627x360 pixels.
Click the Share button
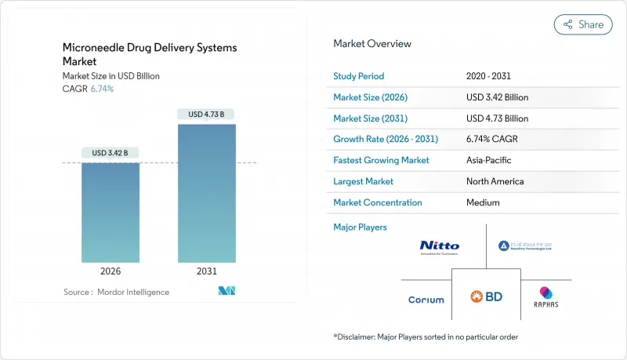583,24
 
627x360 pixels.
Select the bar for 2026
111,212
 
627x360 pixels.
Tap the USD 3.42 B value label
111,152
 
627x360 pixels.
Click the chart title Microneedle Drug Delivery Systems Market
149,54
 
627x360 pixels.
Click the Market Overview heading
372,44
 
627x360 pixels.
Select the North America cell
495,181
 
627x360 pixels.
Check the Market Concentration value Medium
482,202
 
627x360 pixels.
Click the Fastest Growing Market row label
382,160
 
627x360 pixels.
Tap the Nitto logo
440,247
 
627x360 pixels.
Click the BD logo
486,297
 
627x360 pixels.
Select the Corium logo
426,300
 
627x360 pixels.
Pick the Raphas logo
545,296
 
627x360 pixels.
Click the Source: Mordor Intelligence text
116,292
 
